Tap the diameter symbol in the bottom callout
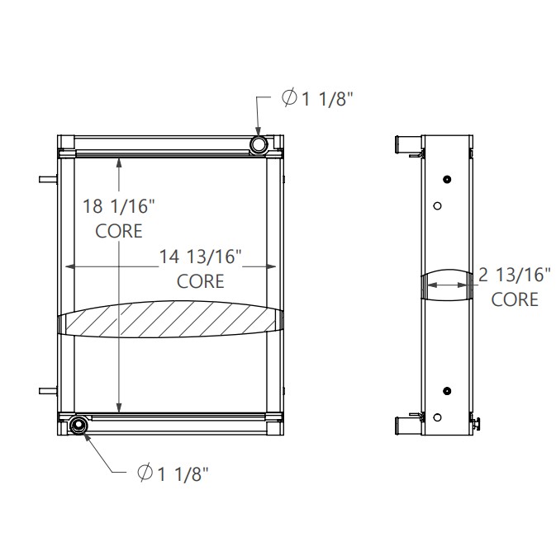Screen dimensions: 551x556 [x=144, y=473]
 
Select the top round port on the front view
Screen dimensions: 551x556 [x=259, y=145]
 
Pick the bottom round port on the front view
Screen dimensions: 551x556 [x=78, y=425]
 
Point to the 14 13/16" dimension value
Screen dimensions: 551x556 [x=200, y=257]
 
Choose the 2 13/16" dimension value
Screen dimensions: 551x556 [x=515, y=274]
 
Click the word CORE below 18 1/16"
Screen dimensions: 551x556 [x=119, y=231]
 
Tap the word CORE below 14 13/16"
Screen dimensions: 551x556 [x=201, y=281]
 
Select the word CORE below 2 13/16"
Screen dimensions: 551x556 [x=515, y=299]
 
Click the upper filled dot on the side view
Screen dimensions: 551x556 [x=447, y=180]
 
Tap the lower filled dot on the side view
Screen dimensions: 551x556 [x=447, y=390]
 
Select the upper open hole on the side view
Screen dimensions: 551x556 [x=439, y=205]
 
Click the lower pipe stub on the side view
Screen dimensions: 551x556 [x=406, y=426]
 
